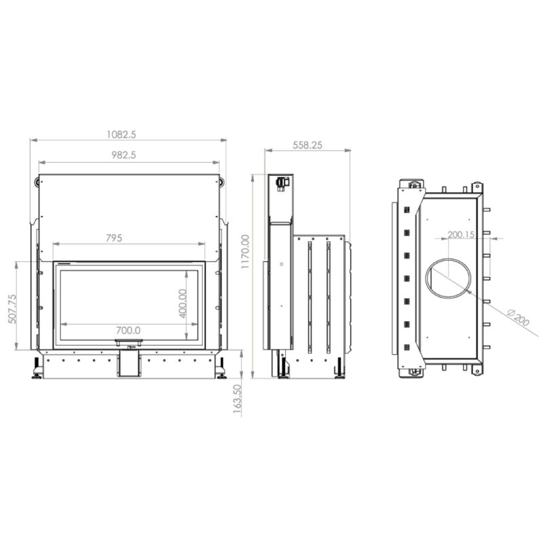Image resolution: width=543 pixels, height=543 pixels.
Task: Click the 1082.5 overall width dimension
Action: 121,134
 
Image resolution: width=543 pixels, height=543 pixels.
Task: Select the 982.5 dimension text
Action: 124,155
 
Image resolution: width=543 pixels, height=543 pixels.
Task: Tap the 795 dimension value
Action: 114,238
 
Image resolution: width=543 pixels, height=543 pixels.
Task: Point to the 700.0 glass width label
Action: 128,331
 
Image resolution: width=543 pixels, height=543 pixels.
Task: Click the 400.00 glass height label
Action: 183,303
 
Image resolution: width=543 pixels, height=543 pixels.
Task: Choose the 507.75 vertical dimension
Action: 12,309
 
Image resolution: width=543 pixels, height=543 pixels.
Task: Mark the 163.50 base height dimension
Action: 237,398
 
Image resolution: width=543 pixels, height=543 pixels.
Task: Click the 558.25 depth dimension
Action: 307,145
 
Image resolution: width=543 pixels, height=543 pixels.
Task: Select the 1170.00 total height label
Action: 245,252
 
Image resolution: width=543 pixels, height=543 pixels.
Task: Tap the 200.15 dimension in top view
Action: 461,235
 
